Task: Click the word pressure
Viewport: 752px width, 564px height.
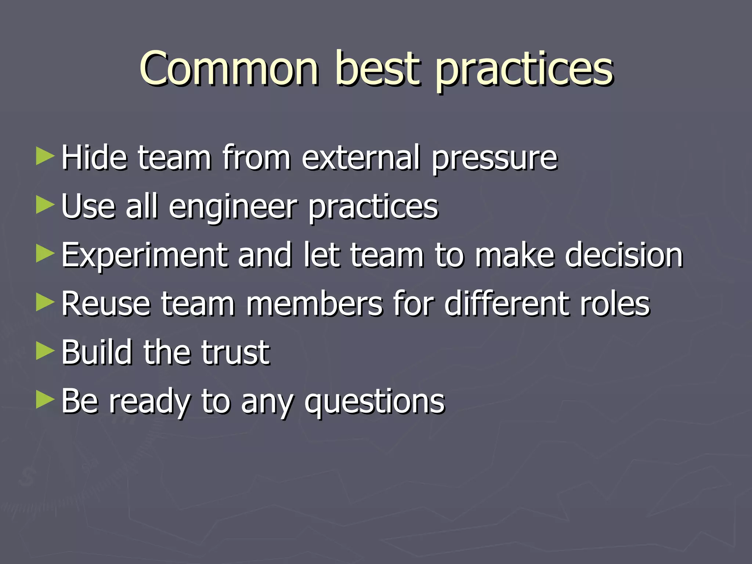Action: tap(494, 160)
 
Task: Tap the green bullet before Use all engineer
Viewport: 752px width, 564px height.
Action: tap(45, 205)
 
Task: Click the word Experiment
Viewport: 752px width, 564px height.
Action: tap(144, 256)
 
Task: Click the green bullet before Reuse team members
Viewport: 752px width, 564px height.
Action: tap(45, 303)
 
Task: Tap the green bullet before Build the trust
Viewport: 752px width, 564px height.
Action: tap(45, 351)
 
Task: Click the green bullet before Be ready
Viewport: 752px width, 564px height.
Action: tap(45, 400)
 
